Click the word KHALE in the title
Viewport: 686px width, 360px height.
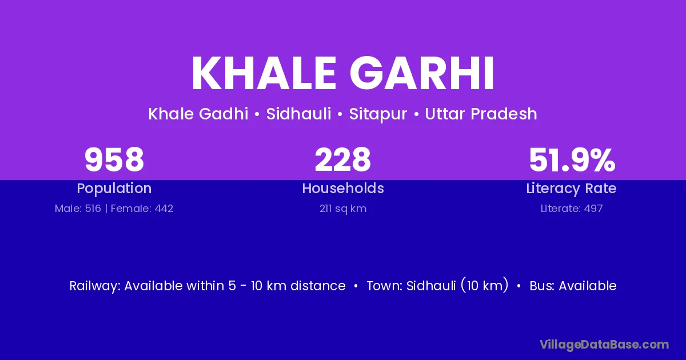pyautogui.click(x=264, y=73)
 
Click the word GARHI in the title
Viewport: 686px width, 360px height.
pyautogui.click(x=422, y=73)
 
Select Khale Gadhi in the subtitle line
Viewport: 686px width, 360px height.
pyautogui.click(x=198, y=114)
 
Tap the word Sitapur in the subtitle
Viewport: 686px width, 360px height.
pyautogui.click(x=378, y=114)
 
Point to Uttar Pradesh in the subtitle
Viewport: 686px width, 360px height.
pyautogui.click(x=481, y=114)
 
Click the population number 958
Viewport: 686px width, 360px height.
pyautogui.click(x=114, y=160)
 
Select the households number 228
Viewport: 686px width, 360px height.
pyautogui.click(x=342, y=160)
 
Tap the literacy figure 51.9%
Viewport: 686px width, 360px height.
pyautogui.click(x=572, y=160)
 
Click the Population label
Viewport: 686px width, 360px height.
pyautogui.click(x=114, y=189)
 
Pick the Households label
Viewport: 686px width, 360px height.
pyautogui.click(x=343, y=188)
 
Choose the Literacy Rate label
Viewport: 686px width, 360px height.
pyautogui.click(x=572, y=189)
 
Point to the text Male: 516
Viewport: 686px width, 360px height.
pyautogui.click(x=78, y=209)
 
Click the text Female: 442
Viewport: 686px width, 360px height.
pyautogui.click(x=142, y=209)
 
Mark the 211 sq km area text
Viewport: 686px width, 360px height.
pyautogui.click(x=343, y=209)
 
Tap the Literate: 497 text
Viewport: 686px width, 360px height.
pyautogui.click(x=572, y=209)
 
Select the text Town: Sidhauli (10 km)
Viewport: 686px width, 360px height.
pyautogui.click(x=438, y=286)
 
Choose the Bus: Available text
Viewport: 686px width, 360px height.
pyautogui.click(x=573, y=286)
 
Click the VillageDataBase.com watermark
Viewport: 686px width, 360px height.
pyautogui.click(x=604, y=345)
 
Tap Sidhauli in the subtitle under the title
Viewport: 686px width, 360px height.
pyautogui.click(x=298, y=114)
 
